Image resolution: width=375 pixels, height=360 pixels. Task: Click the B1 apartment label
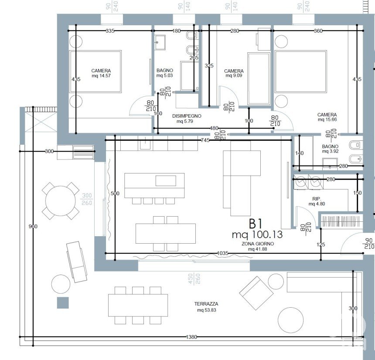coord(256,224)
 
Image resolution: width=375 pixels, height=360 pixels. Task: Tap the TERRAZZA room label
coord(206,304)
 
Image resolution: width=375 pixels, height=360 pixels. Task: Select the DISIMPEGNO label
coord(187,116)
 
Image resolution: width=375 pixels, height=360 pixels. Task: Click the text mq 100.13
coord(257,234)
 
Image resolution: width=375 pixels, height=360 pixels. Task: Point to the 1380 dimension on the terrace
coord(191,337)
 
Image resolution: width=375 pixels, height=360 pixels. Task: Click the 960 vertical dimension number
coord(33,226)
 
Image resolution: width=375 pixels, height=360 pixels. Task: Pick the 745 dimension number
coord(205,140)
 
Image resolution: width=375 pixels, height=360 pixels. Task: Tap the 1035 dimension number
coord(222,253)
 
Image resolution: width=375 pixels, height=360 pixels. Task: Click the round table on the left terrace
coord(61,200)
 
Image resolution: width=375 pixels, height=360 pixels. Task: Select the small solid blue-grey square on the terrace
coord(63,302)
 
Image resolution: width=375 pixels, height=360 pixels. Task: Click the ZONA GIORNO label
coord(258,244)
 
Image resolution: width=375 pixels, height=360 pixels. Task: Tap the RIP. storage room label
coord(317,199)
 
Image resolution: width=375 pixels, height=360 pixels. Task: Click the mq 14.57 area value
coord(101,76)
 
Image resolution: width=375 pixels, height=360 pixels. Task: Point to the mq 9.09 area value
coord(234,75)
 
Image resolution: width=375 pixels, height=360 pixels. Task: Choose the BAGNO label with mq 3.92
coord(330,146)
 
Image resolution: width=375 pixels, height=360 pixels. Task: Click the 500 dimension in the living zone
coord(115,193)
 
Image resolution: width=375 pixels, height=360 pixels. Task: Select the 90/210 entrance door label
coord(368,243)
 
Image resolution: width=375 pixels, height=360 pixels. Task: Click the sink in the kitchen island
coord(166,181)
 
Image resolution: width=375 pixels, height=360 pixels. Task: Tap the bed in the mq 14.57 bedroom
coord(95,71)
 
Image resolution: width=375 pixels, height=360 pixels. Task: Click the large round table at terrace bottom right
coord(290,320)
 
